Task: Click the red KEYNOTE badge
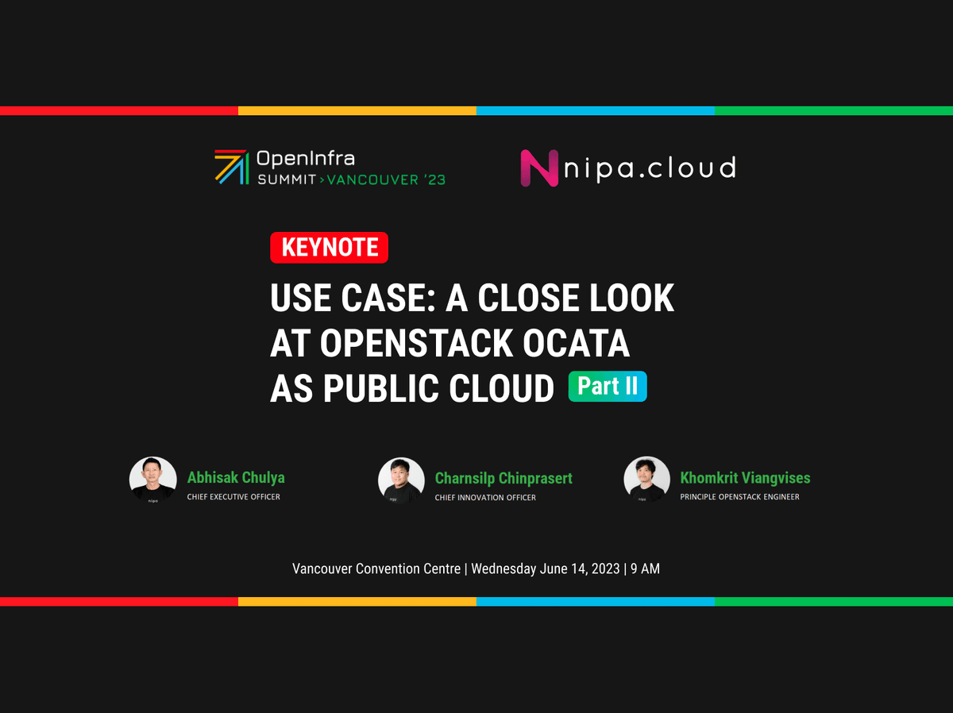[329, 248]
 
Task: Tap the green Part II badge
[608, 387]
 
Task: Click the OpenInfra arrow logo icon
[231, 167]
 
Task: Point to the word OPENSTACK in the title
[416, 343]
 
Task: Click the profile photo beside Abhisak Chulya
[152, 480]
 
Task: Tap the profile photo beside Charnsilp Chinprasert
[401, 480]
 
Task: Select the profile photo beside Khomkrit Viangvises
[646, 480]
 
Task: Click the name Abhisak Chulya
[236, 478]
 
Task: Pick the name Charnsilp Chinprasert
[504, 478]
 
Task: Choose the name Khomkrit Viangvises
[745, 478]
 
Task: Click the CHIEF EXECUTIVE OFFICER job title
[233, 497]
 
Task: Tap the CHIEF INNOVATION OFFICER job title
[485, 498]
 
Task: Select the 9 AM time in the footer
[646, 568]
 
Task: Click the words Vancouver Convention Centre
[376, 568]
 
